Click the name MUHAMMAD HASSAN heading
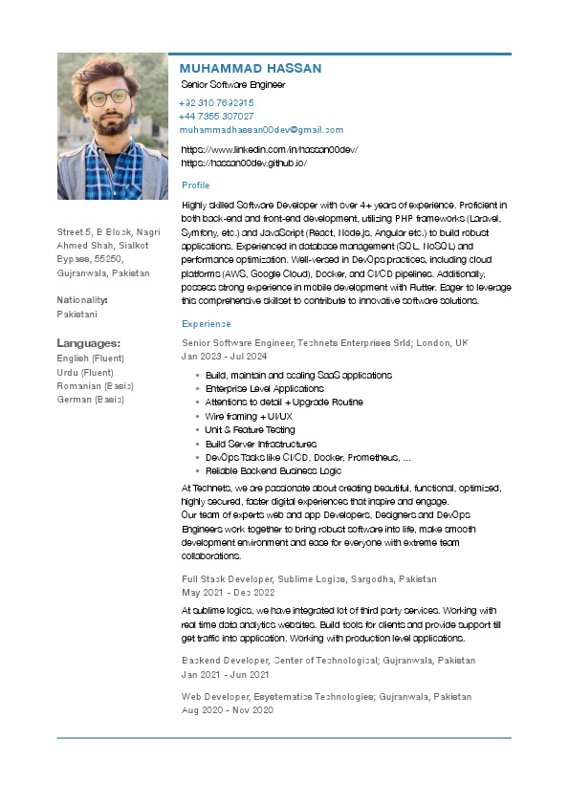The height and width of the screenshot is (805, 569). coord(251,69)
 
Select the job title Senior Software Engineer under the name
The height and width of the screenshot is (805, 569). coord(233,85)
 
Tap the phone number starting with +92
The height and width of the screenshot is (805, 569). coord(216,102)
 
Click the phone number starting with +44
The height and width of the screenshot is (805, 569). coord(216,116)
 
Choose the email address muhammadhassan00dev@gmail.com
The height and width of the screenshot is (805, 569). coord(261,129)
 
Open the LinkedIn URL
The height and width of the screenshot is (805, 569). coord(269,150)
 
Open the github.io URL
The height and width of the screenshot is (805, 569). coord(243,163)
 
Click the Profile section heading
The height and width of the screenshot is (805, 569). coord(195,185)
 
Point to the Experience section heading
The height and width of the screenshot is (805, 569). coord(206,324)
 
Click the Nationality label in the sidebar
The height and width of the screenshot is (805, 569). coord(82,300)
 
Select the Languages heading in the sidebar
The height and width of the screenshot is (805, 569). coord(88,342)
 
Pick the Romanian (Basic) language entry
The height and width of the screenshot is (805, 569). coord(96,385)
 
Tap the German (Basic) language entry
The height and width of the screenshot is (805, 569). coord(91,399)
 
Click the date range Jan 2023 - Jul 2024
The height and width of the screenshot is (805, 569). coord(225,356)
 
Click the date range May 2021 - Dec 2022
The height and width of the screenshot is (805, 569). coord(227,593)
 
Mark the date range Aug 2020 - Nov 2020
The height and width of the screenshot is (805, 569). coord(228,710)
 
